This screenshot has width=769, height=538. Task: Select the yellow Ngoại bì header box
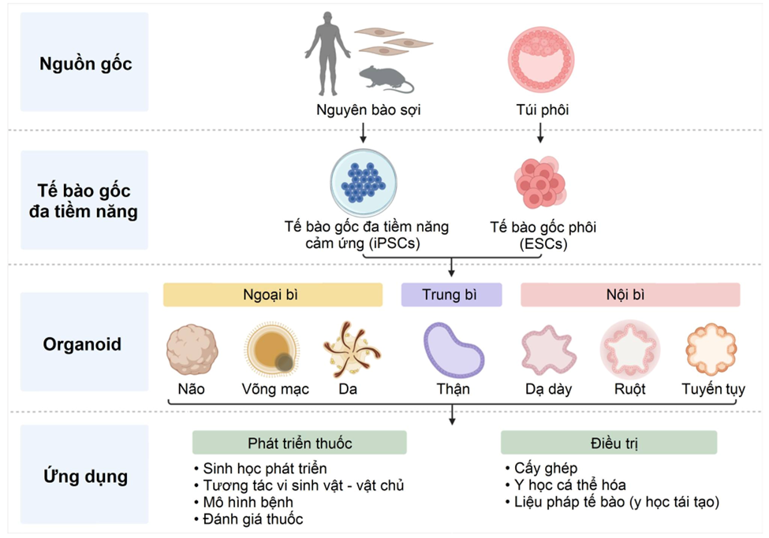click(272, 295)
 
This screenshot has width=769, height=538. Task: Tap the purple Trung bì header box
click(451, 295)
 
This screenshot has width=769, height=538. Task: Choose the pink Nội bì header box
click(629, 295)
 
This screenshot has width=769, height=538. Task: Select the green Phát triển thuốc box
click(300, 443)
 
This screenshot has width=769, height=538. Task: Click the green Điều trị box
click(609, 443)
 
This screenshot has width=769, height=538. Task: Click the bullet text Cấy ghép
click(544, 467)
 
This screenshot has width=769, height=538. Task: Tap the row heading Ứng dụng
click(85, 477)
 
